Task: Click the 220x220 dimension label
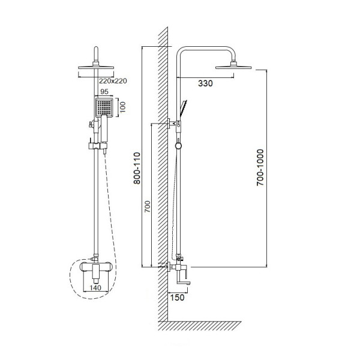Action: (x=113, y=81)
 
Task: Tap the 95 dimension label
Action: (x=104, y=91)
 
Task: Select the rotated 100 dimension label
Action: (x=123, y=107)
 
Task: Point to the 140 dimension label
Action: (x=95, y=287)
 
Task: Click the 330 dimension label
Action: (x=205, y=83)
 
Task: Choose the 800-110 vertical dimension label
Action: (x=137, y=168)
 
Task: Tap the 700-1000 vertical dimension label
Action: (x=260, y=167)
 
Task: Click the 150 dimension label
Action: (x=177, y=298)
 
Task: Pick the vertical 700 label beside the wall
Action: (x=148, y=206)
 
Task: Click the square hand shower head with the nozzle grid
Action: (x=104, y=107)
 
